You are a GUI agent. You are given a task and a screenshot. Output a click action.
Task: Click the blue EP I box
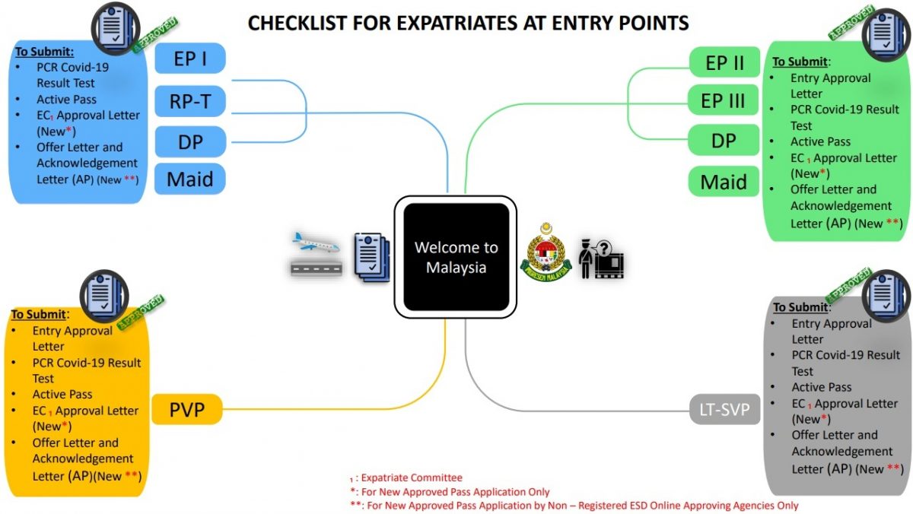pos(190,59)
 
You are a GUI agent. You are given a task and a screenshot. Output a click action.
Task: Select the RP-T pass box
pos(190,101)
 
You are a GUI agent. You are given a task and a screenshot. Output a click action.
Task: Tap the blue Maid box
pos(190,179)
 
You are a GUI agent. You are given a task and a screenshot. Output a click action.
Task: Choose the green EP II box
pos(724,62)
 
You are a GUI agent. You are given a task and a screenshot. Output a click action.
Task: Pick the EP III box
pos(723,100)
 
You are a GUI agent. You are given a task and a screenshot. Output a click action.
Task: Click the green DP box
pos(724,141)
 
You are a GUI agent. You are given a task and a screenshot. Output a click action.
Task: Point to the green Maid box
pos(724,182)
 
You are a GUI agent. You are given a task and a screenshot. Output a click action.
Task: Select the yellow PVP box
pos(187,409)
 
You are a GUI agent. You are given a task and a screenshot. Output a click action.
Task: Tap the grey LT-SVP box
pos(724,409)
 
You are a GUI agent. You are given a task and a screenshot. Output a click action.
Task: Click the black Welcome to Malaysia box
pos(456,257)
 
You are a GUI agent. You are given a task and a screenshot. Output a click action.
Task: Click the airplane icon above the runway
pos(316,243)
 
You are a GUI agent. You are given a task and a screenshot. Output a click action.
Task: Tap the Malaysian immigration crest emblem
pos(546,252)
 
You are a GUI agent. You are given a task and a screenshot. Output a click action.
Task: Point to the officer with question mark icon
pos(602,259)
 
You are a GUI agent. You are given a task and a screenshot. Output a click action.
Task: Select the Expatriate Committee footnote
pos(406,478)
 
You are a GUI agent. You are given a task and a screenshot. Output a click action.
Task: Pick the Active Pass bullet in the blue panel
pos(66,100)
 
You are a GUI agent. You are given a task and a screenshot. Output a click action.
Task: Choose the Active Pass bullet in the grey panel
pos(821,387)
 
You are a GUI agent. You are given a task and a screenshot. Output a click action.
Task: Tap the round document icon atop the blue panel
pos(116,28)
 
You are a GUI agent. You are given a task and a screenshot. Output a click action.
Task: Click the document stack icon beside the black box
pos(372,258)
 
